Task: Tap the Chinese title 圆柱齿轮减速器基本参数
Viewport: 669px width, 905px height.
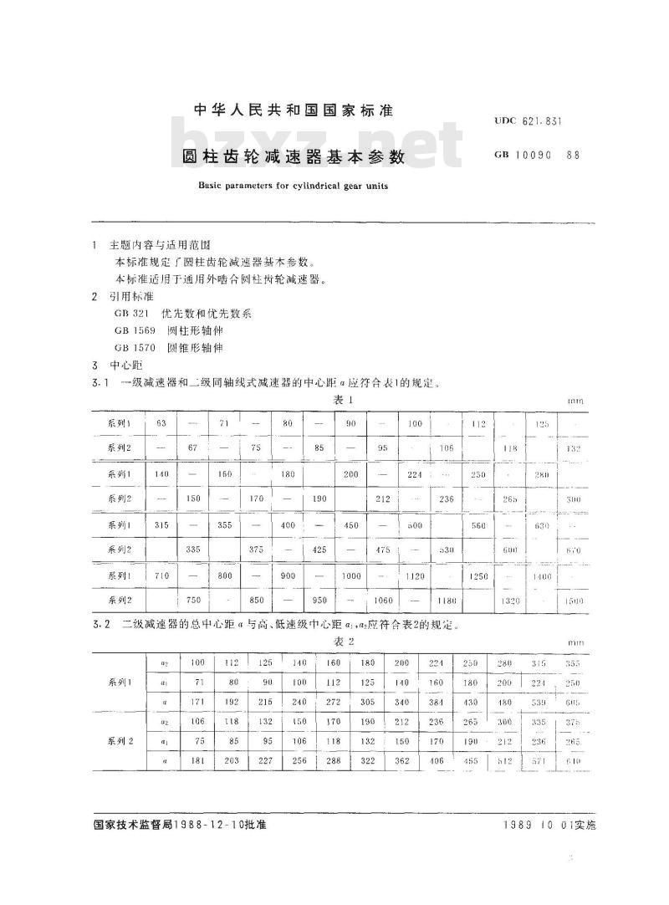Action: (x=294, y=156)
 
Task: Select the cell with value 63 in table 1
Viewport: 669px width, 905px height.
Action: (x=161, y=424)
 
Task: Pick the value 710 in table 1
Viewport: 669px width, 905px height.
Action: (x=161, y=576)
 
